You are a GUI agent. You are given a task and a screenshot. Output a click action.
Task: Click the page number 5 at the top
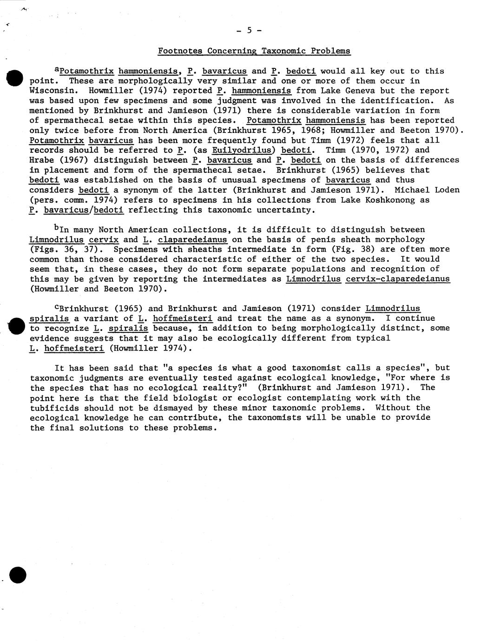(249, 31)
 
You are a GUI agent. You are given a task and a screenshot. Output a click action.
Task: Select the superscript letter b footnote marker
(57, 228)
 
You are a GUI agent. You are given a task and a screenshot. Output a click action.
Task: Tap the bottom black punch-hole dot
(18, 575)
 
